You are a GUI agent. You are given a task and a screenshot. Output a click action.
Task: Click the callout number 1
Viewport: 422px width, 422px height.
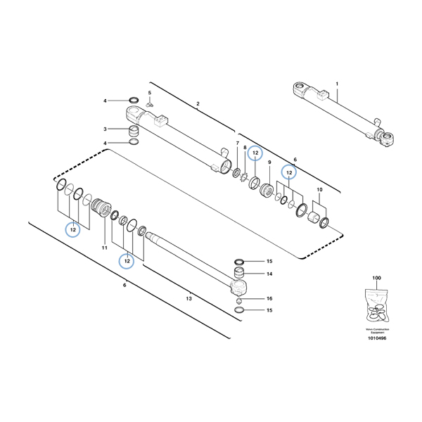coord(337,84)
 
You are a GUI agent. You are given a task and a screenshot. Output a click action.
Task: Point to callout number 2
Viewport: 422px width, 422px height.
coord(198,104)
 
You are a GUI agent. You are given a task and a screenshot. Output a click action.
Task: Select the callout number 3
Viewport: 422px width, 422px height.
coord(105,129)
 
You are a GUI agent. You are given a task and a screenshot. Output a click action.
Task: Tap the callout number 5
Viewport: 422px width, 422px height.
coord(150,92)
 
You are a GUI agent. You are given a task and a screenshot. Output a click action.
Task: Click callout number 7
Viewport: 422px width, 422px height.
coord(237,143)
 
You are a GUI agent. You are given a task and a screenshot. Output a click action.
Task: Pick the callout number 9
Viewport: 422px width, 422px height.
coord(269,163)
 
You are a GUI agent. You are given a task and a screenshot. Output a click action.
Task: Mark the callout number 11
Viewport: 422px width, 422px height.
coord(104,248)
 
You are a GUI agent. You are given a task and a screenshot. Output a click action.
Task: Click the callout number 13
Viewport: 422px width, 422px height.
coord(189,299)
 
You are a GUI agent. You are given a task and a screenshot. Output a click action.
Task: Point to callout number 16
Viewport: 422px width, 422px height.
coord(269,299)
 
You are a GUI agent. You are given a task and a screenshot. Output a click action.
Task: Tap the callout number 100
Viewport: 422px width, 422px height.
coord(376,279)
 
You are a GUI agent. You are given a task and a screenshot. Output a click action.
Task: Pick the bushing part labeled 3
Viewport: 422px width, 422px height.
coord(134,132)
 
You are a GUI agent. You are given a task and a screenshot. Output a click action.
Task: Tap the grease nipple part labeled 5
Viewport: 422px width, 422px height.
coord(150,103)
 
